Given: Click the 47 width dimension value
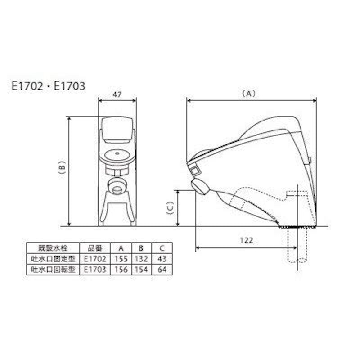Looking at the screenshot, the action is click(117, 94).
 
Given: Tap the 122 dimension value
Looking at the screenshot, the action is click(247, 240).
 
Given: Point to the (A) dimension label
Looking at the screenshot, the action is click(249, 94).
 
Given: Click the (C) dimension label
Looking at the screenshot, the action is click(171, 208).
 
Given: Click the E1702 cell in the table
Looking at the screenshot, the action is click(95, 259).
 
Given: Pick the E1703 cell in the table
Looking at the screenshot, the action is click(95, 269).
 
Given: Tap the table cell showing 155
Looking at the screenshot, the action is click(121, 259).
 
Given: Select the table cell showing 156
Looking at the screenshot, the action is click(121, 269).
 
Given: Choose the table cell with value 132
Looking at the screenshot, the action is click(141, 259).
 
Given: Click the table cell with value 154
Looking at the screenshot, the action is click(141, 269).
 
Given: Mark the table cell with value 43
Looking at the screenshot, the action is click(162, 259).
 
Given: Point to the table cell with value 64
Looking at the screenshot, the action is click(162, 269).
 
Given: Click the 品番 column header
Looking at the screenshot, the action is click(95, 248).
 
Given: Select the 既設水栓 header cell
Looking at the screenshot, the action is click(53, 248).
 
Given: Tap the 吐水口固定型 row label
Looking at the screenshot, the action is click(53, 259).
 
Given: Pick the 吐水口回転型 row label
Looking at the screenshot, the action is click(53, 269).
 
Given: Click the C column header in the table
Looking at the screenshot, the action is click(162, 248).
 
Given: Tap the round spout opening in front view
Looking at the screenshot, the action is click(117, 189).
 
